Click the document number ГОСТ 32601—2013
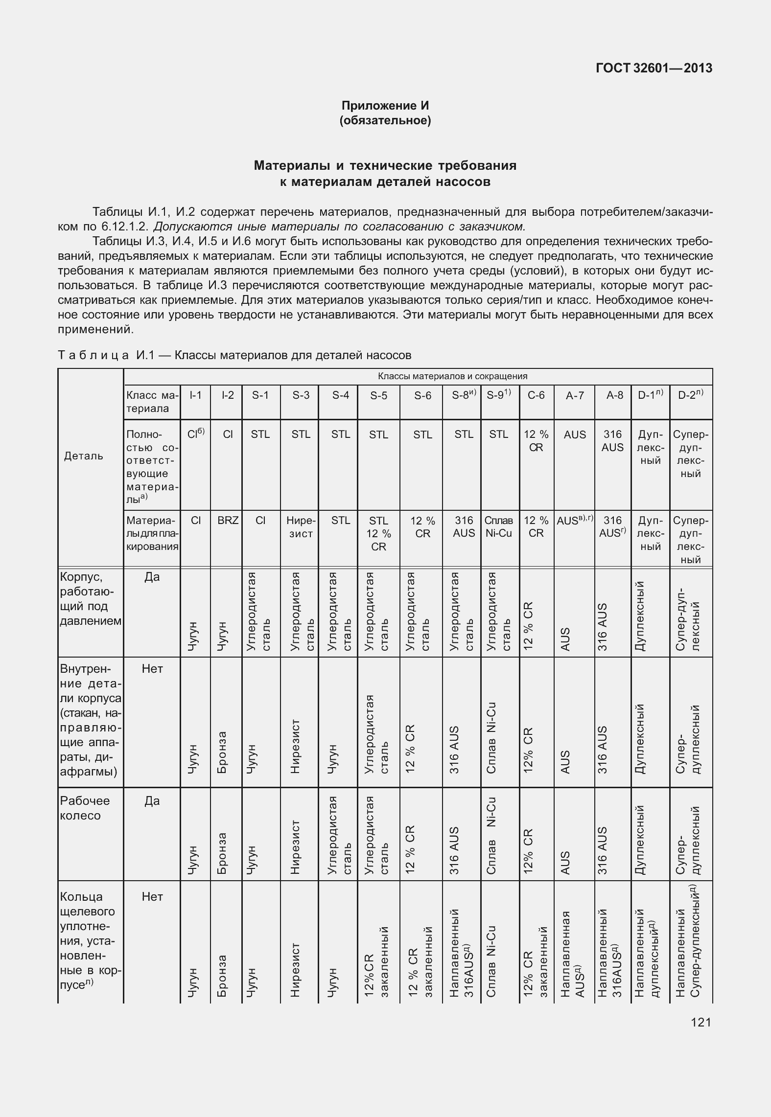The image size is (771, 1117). click(x=654, y=68)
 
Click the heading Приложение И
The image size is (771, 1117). click(x=385, y=106)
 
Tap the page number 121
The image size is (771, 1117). click(x=701, y=1022)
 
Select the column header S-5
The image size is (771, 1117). click(x=378, y=395)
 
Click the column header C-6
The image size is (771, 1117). click(x=536, y=395)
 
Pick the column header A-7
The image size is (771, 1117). click(x=575, y=395)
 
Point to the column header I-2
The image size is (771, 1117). click(x=228, y=395)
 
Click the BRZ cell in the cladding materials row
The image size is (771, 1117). click(x=228, y=521)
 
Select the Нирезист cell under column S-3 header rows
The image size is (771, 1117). click(x=301, y=527)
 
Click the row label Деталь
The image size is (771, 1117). click(x=84, y=456)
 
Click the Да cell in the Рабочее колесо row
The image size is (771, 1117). click(x=152, y=801)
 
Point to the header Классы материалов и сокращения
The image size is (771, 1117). click(x=452, y=376)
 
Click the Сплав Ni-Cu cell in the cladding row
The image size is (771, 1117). click(x=499, y=527)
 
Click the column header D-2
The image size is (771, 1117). click(x=691, y=395)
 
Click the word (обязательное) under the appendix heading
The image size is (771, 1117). click(x=385, y=120)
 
